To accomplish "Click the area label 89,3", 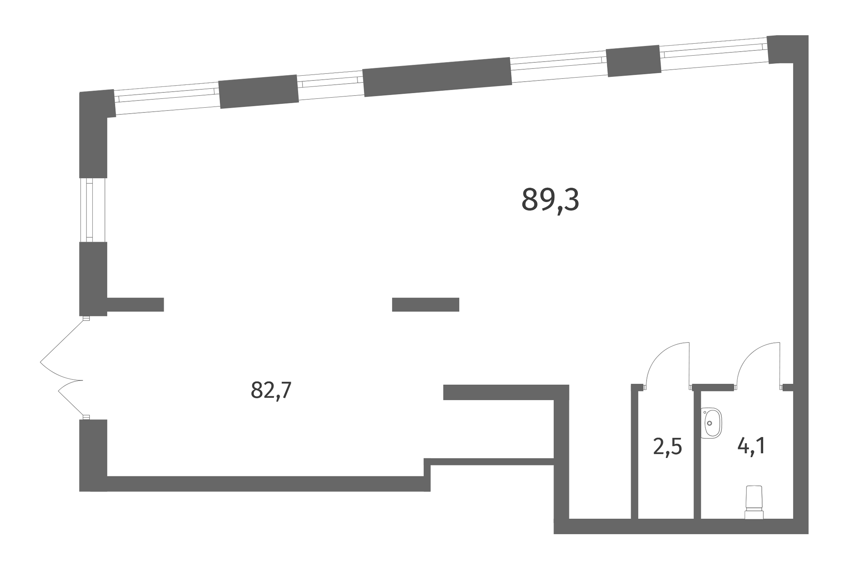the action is pos(550,200).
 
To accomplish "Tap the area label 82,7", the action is pos(271,390).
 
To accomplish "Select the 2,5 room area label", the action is pos(667,447).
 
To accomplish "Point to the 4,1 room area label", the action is pos(751,446).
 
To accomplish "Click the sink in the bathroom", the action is pos(711,423).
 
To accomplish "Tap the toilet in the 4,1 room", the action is pos(754,502).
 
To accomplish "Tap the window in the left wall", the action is pos(93,210).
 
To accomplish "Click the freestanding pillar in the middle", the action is pos(425,305).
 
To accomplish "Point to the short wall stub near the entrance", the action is pos(135,305).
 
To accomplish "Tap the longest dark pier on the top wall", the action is pos(437,77).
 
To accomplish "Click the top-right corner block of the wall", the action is pos(787,49).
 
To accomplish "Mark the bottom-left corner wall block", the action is pos(93,455).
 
